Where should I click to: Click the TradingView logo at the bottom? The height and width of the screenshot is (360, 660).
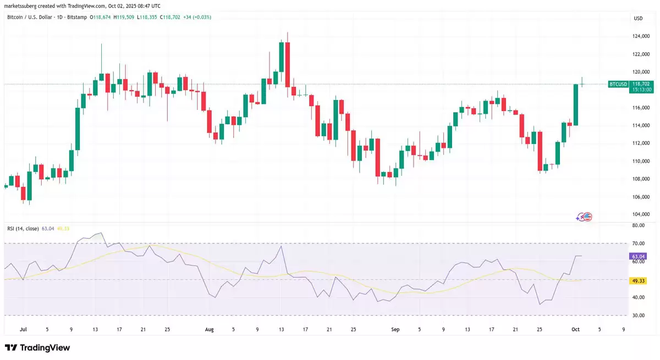pyautogui.click(x=37, y=347)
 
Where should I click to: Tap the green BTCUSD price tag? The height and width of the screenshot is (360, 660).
pyautogui.click(x=618, y=84)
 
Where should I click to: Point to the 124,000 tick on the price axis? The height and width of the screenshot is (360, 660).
pyautogui.click(x=638, y=36)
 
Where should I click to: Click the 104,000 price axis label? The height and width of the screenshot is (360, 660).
pyautogui.click(x=638, y=214)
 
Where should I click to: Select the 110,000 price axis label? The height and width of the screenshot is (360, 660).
pyautogui.click(x=638, y=161)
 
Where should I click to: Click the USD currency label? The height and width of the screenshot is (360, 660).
pyautogui.click(x=638, y=18)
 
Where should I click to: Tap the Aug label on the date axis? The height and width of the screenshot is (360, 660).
pyautogui.click(x=209, y=329)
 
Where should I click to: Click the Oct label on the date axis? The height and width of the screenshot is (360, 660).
pyautogui.click(x=575, y=329)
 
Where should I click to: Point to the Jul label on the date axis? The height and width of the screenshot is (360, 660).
pyautogui.click(x=23, y=329)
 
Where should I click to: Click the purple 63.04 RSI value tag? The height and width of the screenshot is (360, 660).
pyautogui.click(x=638, y=256)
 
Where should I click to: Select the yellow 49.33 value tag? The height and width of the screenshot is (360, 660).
pyautogui.click(x=638, y=281)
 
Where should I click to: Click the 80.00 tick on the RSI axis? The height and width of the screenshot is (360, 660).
pyautogui.click(x=638, y=225)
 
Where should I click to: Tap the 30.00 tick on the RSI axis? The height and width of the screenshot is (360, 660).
pyautogui.click(x=638, y=315)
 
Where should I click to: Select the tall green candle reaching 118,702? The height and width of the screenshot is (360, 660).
pyautogui.click(x=576, y=104)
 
